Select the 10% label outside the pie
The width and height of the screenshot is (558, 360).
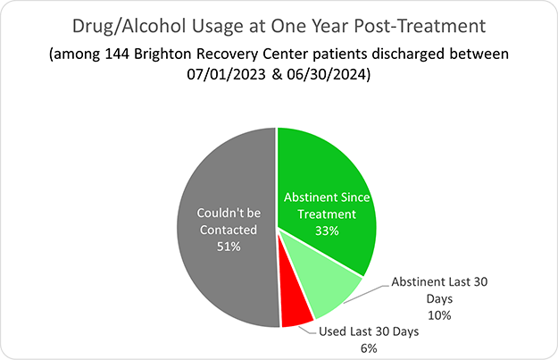click(439, 315)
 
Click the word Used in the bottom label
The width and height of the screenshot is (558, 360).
click(336, 331)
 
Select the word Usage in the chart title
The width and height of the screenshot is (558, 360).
click(215, 21)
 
